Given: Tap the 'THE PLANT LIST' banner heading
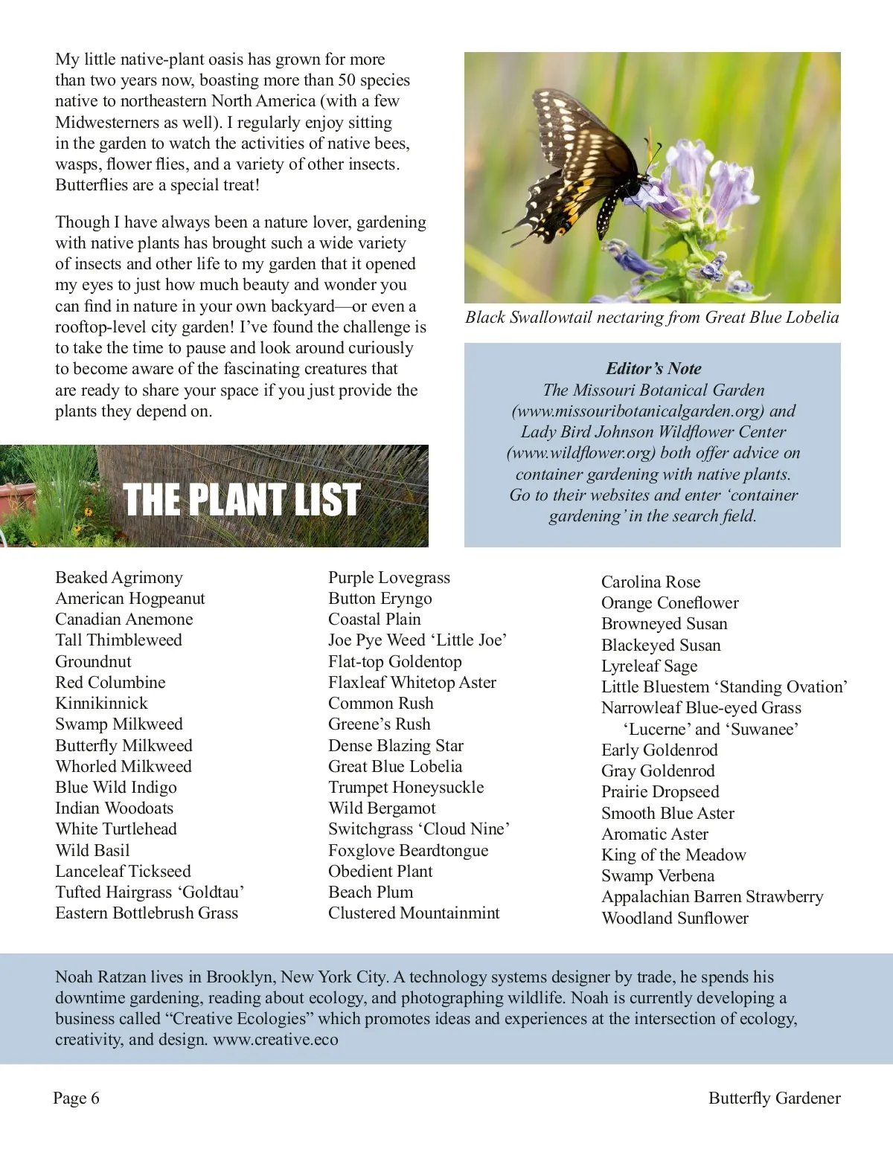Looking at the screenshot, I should [x=241, y=499].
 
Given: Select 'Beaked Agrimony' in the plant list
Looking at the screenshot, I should [x=119, y=578].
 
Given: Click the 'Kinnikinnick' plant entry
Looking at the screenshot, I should [x=101, y=704].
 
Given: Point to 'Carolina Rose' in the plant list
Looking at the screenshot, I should [x=650, y=582].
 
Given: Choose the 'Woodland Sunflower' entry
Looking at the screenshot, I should [x=674, y=918].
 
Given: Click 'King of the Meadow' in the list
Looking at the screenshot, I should [x=673, y=855].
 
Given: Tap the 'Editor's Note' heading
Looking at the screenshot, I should [x=653, y=369].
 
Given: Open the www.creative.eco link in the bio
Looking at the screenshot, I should [x=275, y=1040].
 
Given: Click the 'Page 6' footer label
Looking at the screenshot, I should [x=76, y=1098].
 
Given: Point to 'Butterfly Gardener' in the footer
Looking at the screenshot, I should [x=774, y=1098].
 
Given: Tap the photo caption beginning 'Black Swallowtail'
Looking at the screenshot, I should [x=652, y=318].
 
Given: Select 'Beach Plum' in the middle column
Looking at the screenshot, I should [x=371, y=892].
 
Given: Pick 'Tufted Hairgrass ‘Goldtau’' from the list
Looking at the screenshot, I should [x=150, y=892].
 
